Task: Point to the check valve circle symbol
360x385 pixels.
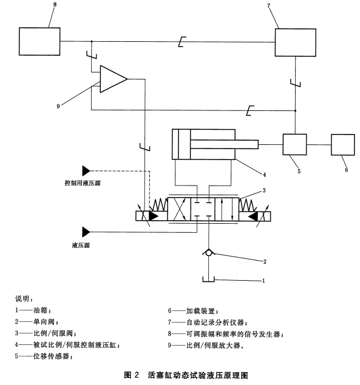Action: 208,253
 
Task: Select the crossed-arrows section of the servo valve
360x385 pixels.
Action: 179,209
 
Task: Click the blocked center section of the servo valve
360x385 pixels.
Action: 203,209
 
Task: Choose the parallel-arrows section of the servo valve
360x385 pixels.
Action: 226,209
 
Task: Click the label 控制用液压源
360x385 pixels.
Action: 83,183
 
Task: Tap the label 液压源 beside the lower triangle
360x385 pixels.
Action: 81,245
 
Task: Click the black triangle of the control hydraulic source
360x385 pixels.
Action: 86,170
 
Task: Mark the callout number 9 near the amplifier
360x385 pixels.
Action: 58,106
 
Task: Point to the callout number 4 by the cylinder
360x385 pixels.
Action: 264,175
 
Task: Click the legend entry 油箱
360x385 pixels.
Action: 40,310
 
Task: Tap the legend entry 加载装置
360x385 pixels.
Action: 200,311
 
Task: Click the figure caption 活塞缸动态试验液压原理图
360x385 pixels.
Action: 198,375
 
